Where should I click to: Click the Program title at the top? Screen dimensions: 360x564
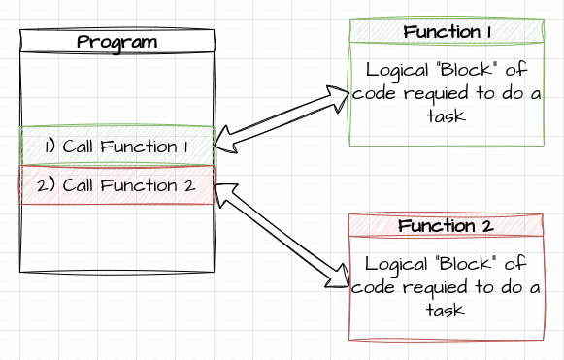click(x=116, y=42)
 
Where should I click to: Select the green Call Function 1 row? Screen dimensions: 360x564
click(x=116, y=146)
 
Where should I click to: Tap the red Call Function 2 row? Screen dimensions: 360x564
click(x=116, y=184)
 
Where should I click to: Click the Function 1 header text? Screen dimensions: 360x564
click(x=448, y=31)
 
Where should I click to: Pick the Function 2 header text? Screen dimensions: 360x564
click(x=448, y=225)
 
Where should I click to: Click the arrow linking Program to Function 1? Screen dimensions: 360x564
click(x=280, y=119)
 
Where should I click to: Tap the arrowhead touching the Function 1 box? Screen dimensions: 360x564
click(x=339, y=96)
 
